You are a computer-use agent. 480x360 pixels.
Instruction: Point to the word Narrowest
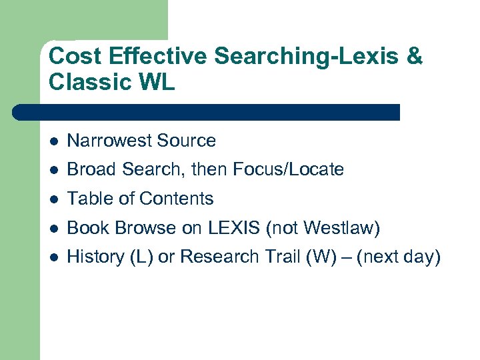pos(110,141)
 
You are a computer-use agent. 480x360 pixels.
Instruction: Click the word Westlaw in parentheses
pos(339,228)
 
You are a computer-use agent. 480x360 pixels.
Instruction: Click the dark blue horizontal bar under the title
pos(207,112)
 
